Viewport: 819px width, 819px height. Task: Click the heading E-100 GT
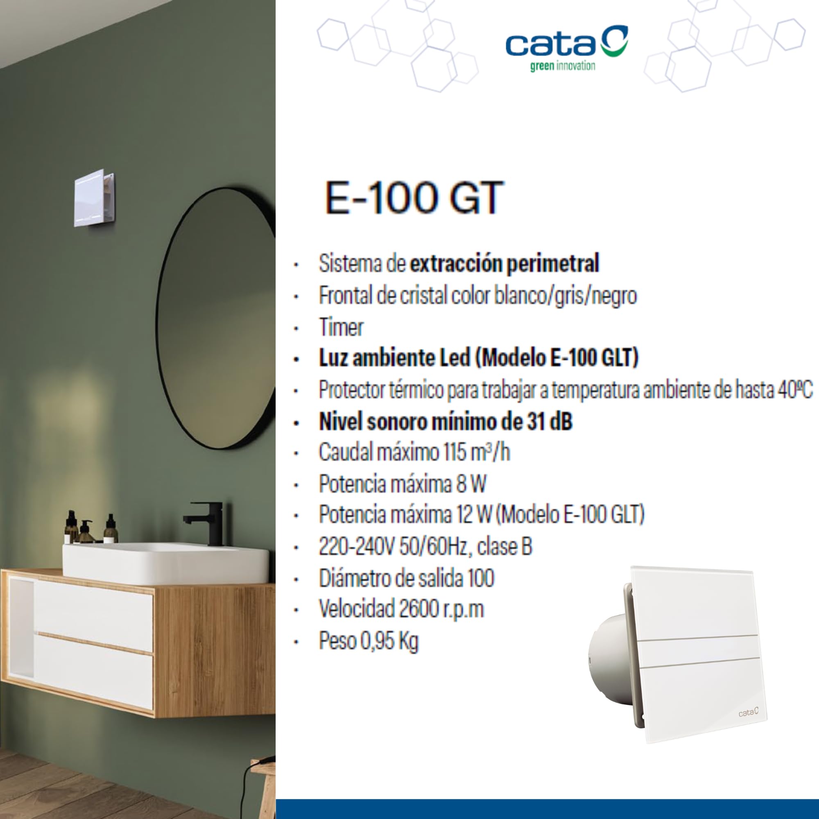tap(414, 198)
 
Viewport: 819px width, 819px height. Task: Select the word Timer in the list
tap(341, 327)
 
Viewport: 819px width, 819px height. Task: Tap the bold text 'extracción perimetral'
tap(505, 263)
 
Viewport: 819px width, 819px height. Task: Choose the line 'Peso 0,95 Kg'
tap(369, 641)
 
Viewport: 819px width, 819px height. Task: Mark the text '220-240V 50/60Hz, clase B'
tap(425, 547)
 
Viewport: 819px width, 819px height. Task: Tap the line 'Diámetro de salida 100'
tap(407, 578)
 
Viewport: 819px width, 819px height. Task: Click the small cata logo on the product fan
tap(749, 712)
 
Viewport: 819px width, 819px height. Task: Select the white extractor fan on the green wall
tap(94, 197)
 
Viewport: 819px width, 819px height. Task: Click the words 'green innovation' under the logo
tap(563, 66)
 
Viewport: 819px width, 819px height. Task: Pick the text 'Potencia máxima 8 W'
tap(402, 484)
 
